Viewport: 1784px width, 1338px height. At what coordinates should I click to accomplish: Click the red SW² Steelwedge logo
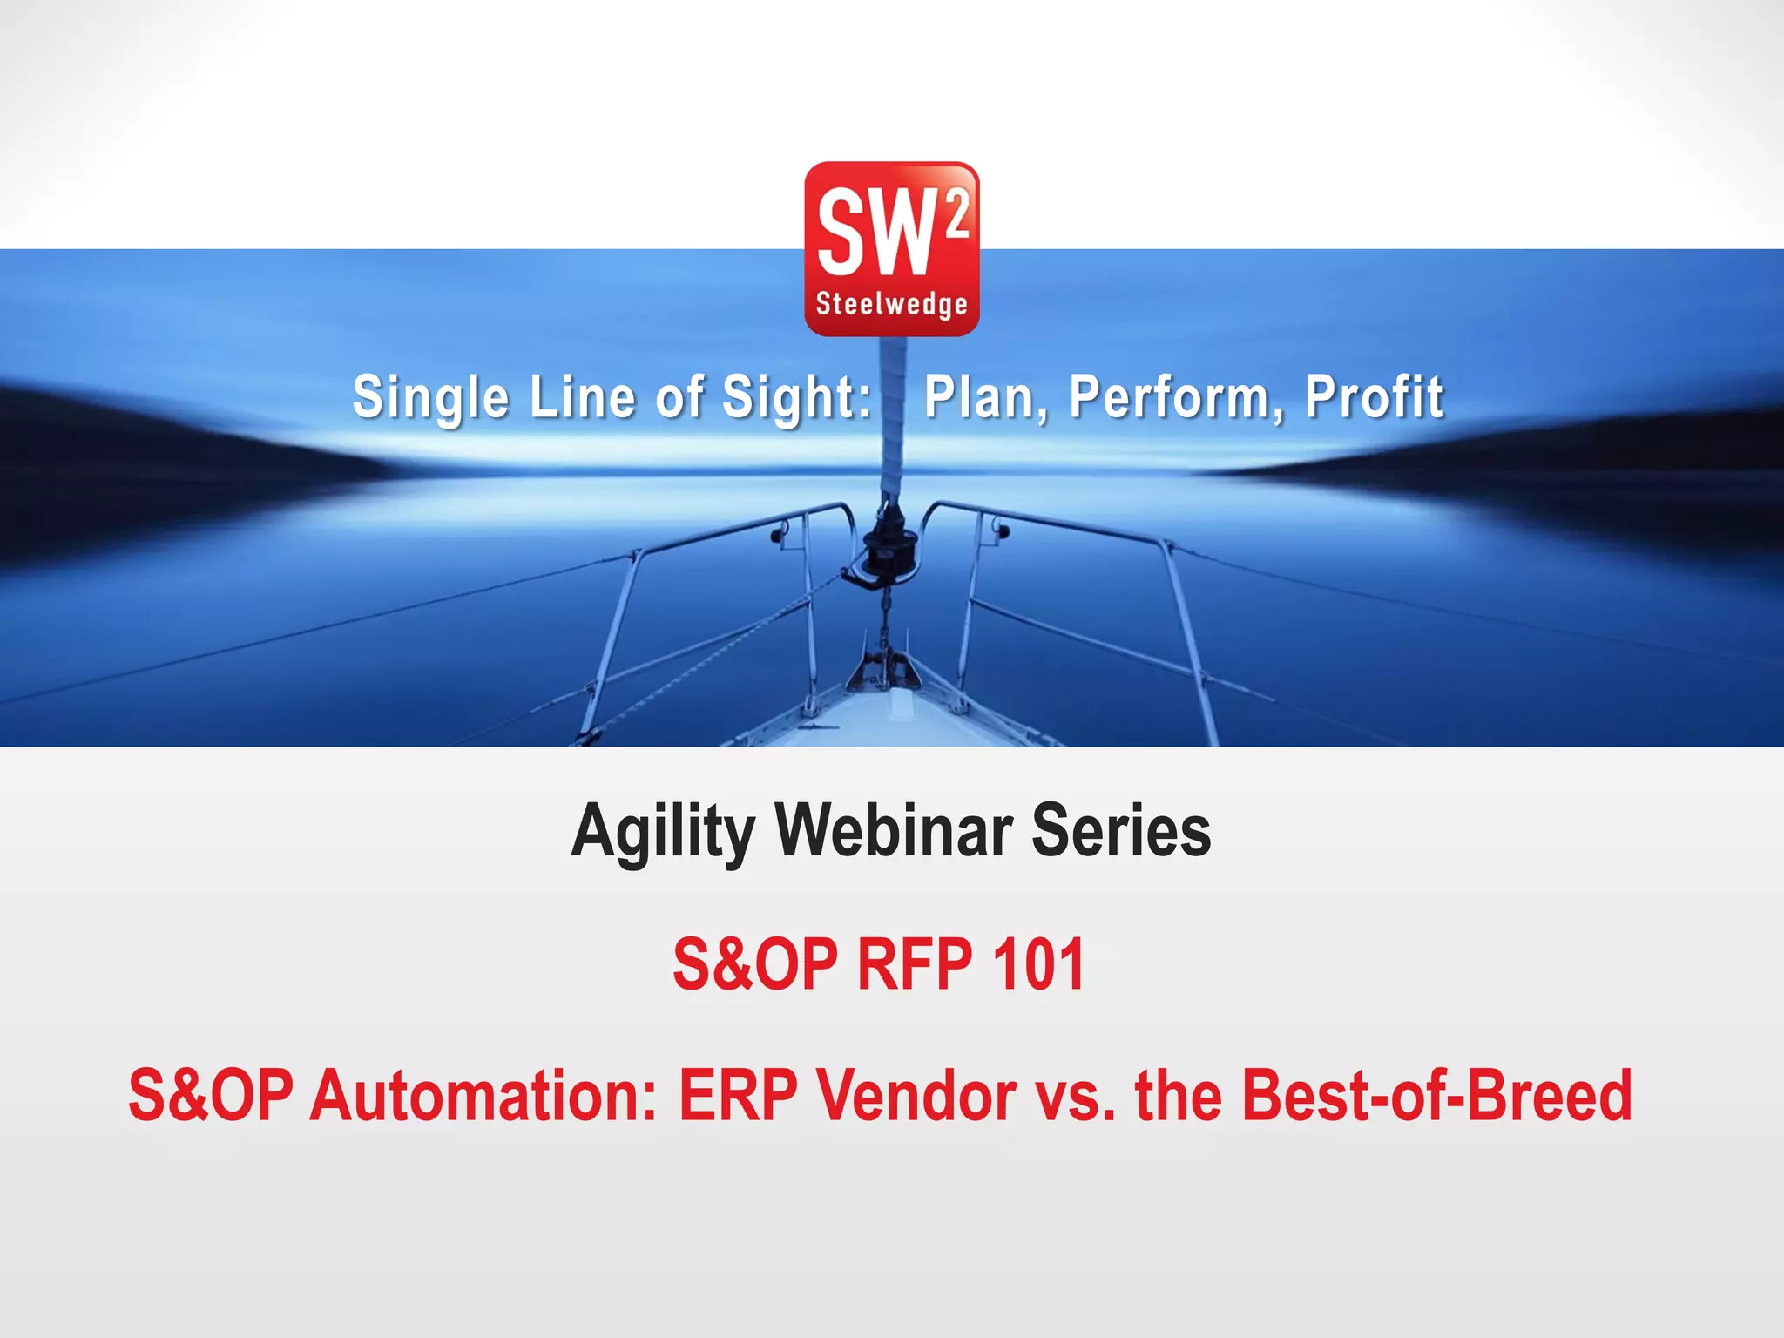891,248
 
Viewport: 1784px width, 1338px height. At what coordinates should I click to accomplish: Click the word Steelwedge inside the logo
891,304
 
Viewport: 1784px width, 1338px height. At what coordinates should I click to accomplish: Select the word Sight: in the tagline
796,397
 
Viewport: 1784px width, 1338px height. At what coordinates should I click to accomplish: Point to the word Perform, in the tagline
1176,397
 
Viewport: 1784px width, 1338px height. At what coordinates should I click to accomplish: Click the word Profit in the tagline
1374,397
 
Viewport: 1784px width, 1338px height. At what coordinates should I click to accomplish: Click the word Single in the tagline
430,397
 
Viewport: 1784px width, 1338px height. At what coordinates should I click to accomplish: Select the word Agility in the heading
662,832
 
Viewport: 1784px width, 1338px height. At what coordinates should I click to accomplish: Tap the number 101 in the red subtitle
1038,964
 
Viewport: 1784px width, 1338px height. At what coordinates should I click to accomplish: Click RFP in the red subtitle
915,964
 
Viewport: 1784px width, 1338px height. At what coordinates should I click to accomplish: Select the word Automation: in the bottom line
483,1096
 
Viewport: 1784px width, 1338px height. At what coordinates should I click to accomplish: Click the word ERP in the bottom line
737,1096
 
